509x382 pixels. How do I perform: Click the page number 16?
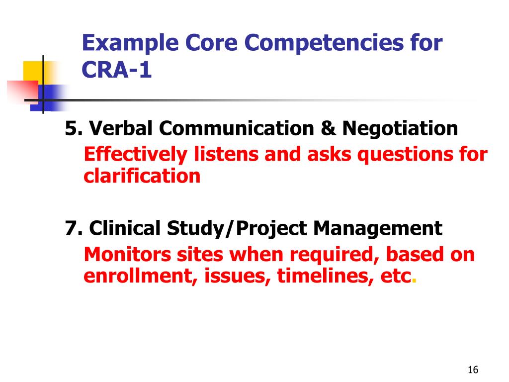[473, 370]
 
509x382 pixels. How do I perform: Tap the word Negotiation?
[400, 129]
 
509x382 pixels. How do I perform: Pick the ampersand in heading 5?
[328, 129]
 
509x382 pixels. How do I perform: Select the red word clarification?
[142, 176]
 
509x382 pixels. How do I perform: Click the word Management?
[377, 228]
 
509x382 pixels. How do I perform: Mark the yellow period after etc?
[415, 280]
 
